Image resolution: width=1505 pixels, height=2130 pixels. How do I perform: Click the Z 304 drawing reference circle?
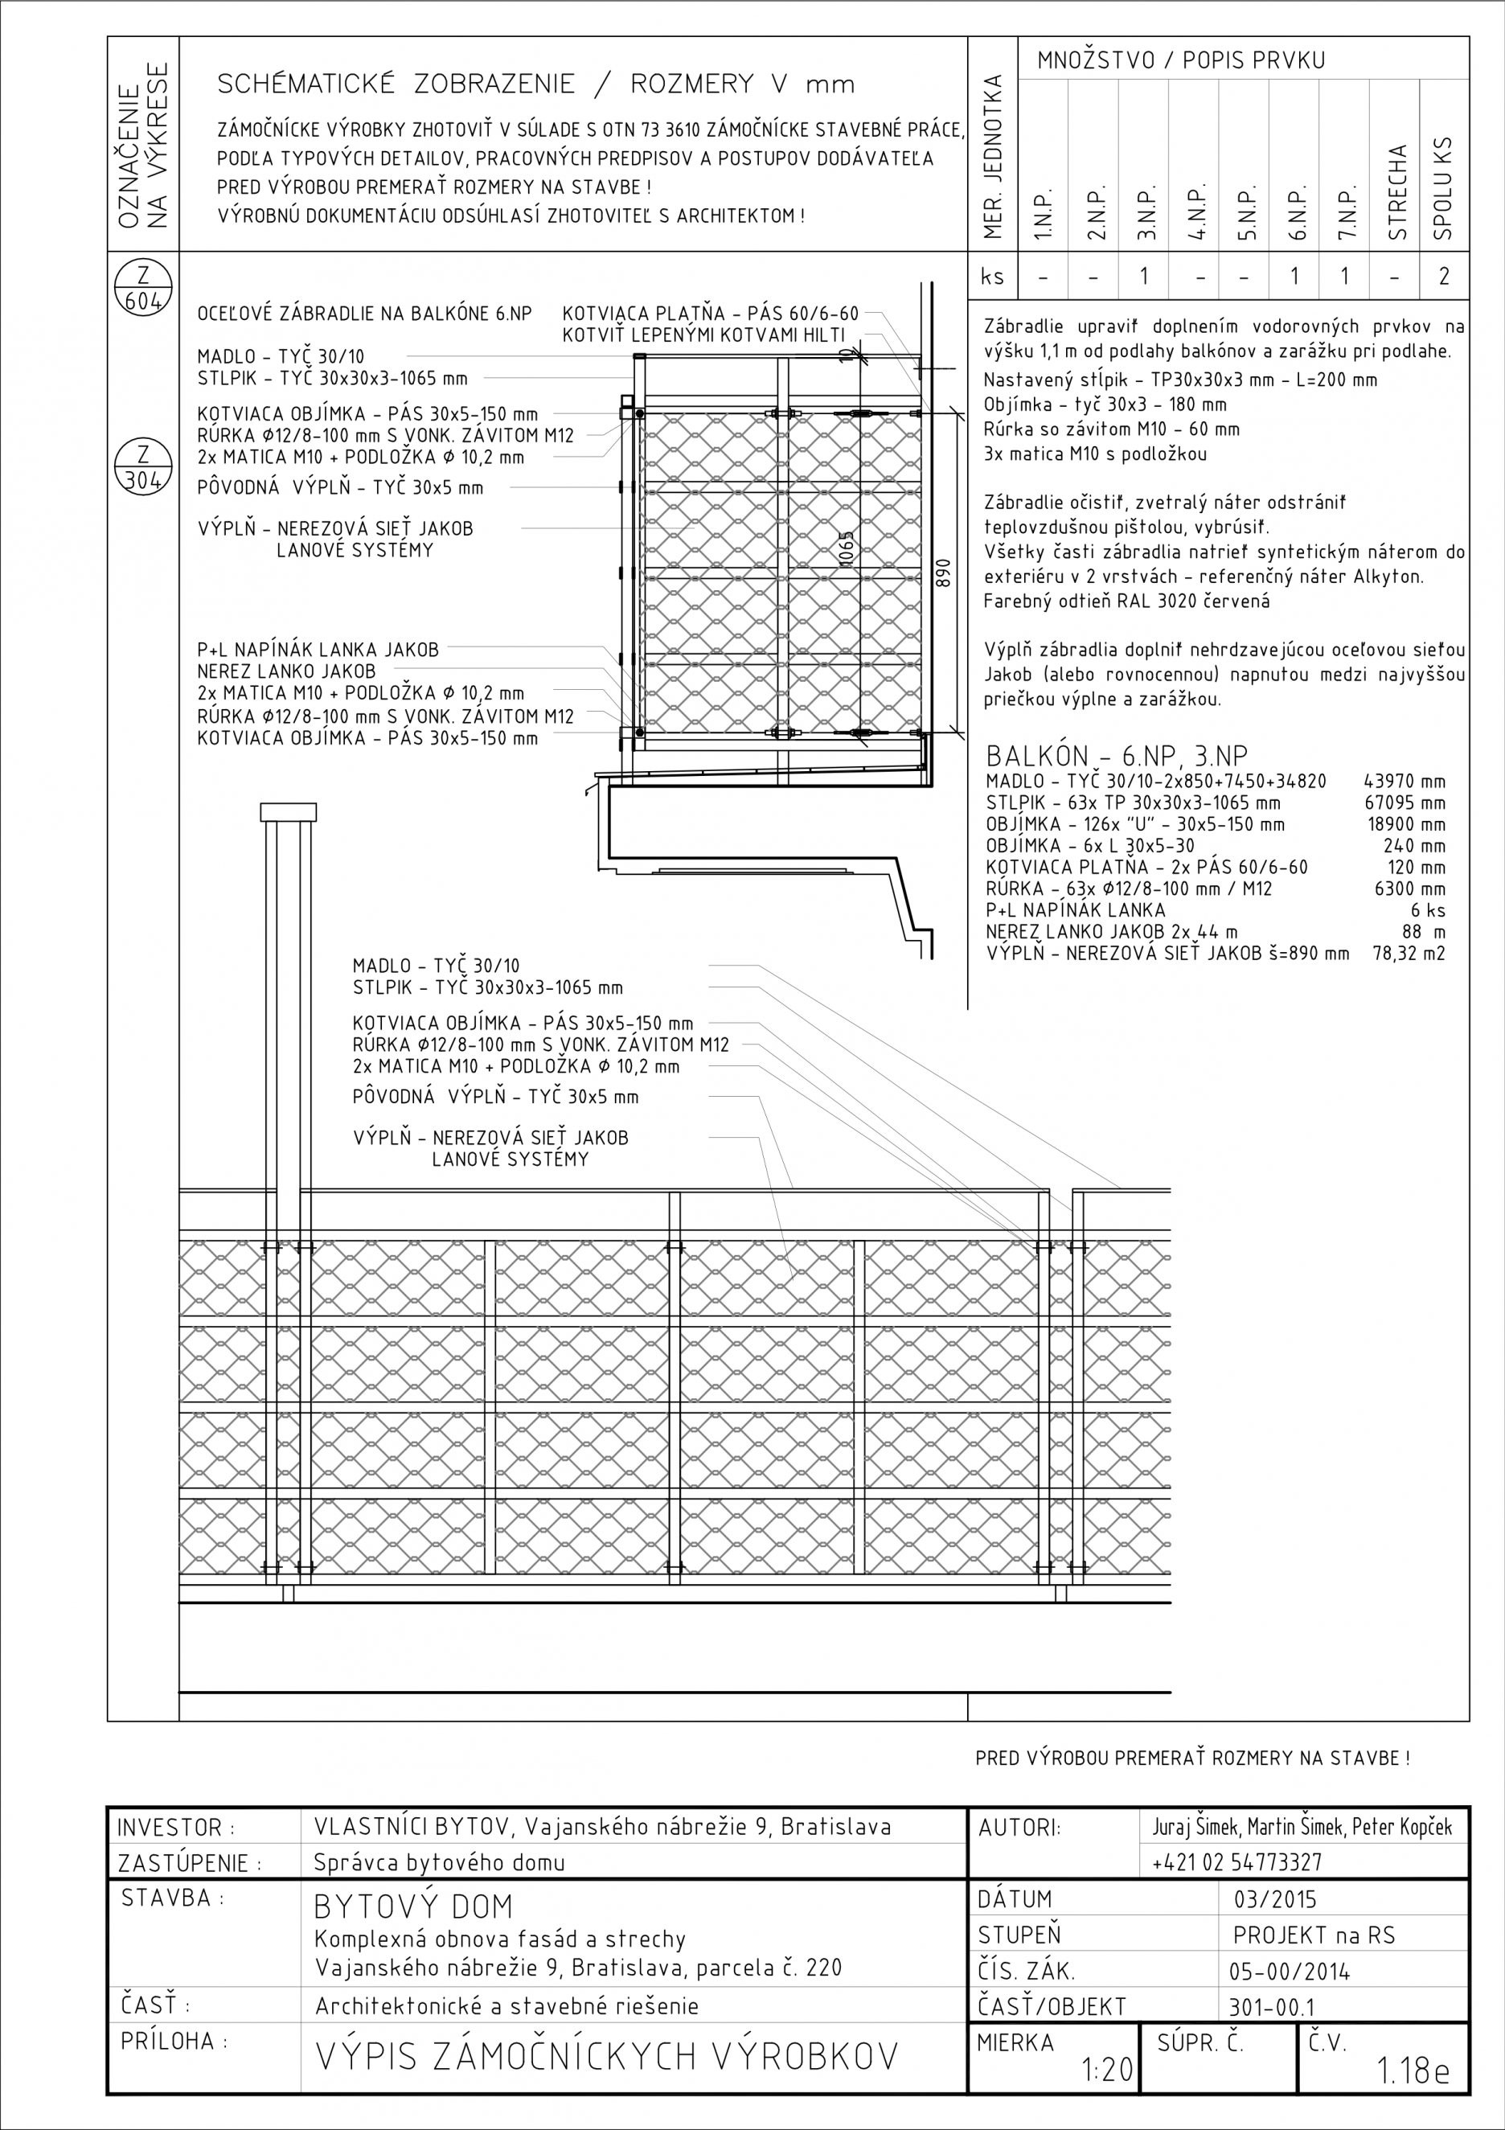coord(143,466)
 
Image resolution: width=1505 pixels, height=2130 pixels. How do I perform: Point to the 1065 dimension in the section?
coord(845,549)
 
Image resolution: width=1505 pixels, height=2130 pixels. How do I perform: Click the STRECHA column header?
coord(1397,193)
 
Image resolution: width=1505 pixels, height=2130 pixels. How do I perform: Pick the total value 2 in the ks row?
coord(1444,277)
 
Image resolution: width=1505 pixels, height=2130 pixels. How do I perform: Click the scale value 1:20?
coord(1107,2070)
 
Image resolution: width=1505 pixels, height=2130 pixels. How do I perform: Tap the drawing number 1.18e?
coord(1413,2070)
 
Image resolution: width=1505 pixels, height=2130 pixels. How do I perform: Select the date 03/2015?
coord(1275,1899)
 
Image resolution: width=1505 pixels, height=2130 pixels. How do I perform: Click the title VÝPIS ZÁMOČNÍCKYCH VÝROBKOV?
coord(607,2057)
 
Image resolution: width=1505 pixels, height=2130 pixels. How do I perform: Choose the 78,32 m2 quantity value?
coord(1409,953)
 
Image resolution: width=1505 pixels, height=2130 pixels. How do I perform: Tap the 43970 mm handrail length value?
coord(1405,781)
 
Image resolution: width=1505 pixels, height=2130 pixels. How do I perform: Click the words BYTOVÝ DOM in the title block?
coord(413,1906)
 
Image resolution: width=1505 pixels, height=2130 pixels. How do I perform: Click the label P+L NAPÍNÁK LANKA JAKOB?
coord(318,650)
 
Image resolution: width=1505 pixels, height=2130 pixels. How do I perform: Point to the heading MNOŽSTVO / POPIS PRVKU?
coord(1181,61)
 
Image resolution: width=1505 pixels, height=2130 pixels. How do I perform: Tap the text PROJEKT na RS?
coord(1314,1935)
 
